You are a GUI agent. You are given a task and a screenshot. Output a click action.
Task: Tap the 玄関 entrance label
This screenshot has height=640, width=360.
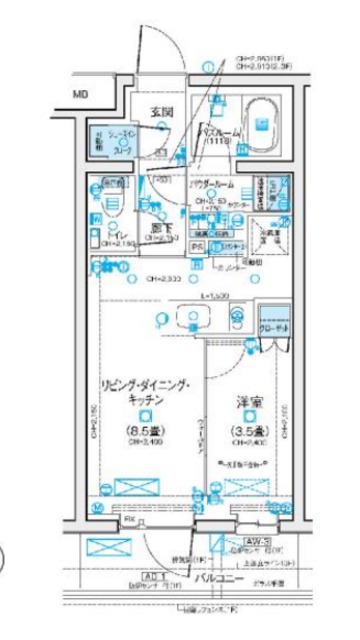(162, 112)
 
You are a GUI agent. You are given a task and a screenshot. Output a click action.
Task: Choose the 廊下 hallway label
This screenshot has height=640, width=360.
(161, 227)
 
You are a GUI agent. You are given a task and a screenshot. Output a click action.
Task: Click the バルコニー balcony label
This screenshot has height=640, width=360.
(213, 577)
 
